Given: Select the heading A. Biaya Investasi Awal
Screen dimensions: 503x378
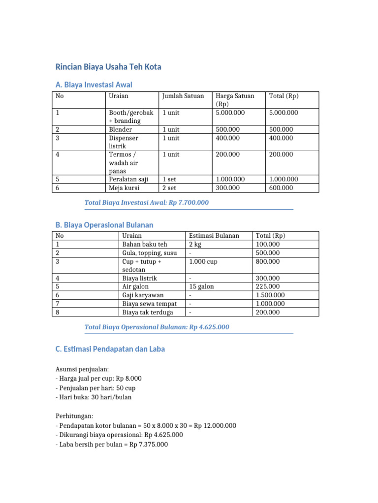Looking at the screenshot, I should click(x=94, y=84).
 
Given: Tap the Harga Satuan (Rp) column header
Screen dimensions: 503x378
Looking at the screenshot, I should click(x=235, y=100).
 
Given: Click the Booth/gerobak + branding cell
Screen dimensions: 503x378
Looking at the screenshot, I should click(x=131, y=116).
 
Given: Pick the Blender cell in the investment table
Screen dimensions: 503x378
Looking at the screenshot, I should click(x=121, y=129).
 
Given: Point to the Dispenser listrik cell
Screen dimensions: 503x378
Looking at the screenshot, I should click(x=124, y=142).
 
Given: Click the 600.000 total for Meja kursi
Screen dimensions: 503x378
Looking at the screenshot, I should click(x=281, y=188).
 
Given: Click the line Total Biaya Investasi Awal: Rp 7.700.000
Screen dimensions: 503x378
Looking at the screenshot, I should click(x=147, y=202).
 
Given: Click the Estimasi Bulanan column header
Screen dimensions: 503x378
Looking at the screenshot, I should click(x=214, y=236).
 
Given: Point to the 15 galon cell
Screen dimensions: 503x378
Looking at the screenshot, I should click(x=201, y=286).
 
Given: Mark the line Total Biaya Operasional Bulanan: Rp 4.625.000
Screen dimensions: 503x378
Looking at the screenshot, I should click(x=157, y=327).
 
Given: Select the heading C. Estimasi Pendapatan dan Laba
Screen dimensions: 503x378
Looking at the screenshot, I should click(x=110, y=349).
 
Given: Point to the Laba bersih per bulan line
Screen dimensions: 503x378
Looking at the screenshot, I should click(x=112, y=445).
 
